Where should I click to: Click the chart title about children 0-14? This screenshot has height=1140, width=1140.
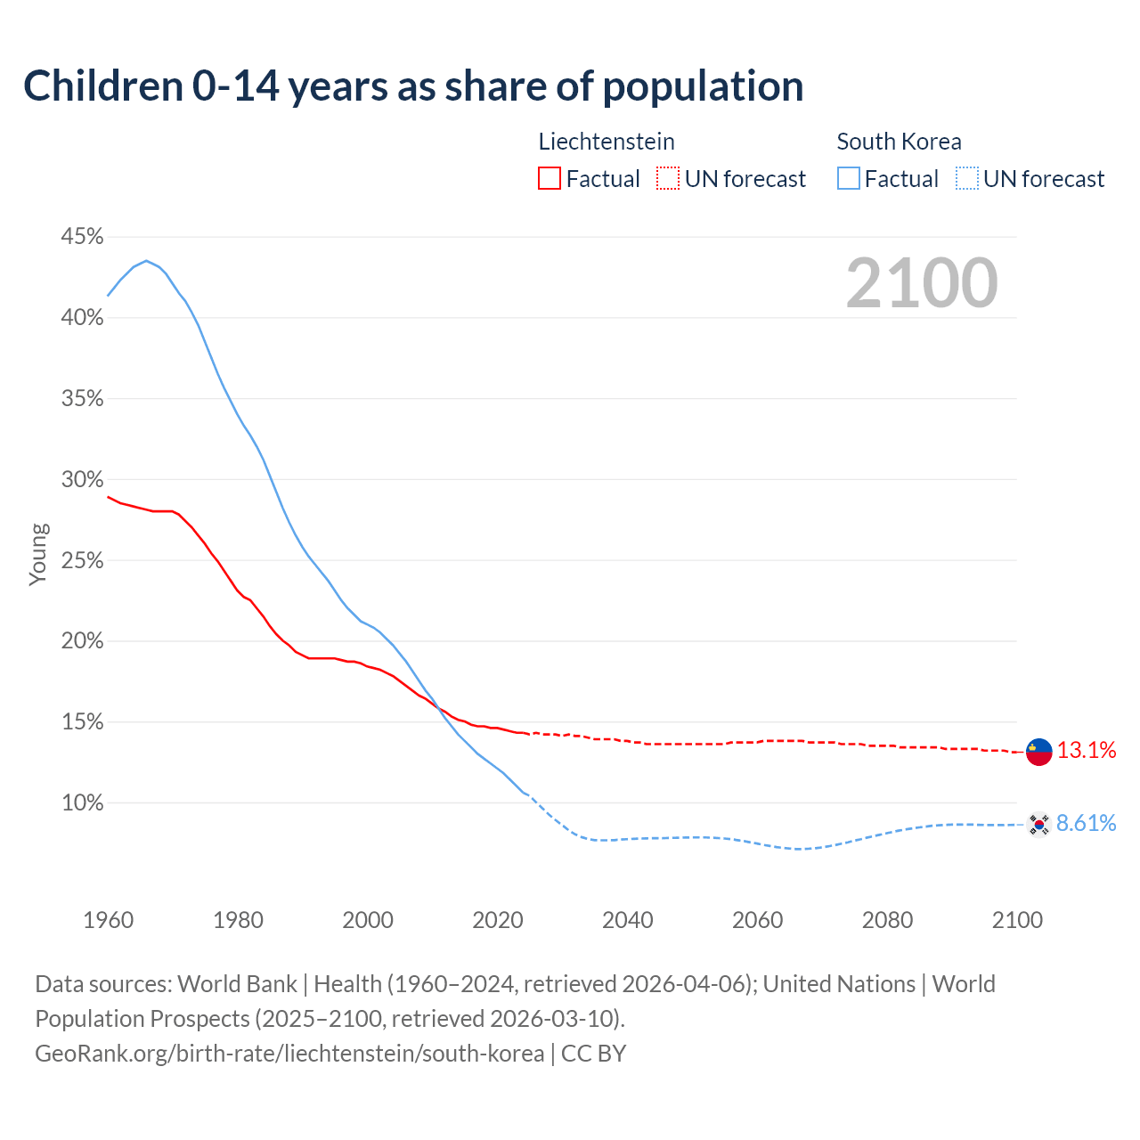413,86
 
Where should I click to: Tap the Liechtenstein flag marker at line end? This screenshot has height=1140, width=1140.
1038,752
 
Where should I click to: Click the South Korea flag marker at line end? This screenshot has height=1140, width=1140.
1038,825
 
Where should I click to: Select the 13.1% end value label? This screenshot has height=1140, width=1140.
1087,751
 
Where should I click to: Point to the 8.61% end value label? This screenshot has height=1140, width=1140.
1086,824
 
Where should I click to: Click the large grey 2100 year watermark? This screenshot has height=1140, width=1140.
922,283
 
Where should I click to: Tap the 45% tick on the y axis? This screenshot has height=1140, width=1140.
82,237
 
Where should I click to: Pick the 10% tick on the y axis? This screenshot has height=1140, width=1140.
82,803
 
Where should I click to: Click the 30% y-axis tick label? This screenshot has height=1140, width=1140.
82,480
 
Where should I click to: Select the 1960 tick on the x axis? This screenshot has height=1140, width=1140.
108,920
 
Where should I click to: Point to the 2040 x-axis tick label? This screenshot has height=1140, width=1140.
627,920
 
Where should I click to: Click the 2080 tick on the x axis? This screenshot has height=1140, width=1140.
887,920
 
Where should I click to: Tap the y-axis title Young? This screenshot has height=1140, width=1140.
38,554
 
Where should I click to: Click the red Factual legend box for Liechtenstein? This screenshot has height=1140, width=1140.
550,179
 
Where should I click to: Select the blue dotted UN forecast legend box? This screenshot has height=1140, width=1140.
967,179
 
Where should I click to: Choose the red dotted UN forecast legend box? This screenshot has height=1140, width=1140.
668,179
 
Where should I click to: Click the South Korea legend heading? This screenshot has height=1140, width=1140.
899,142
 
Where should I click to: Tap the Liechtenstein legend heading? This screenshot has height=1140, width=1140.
607,142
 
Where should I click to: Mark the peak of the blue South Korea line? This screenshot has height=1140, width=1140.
147,261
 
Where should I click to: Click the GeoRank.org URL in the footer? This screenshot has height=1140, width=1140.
289,1054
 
